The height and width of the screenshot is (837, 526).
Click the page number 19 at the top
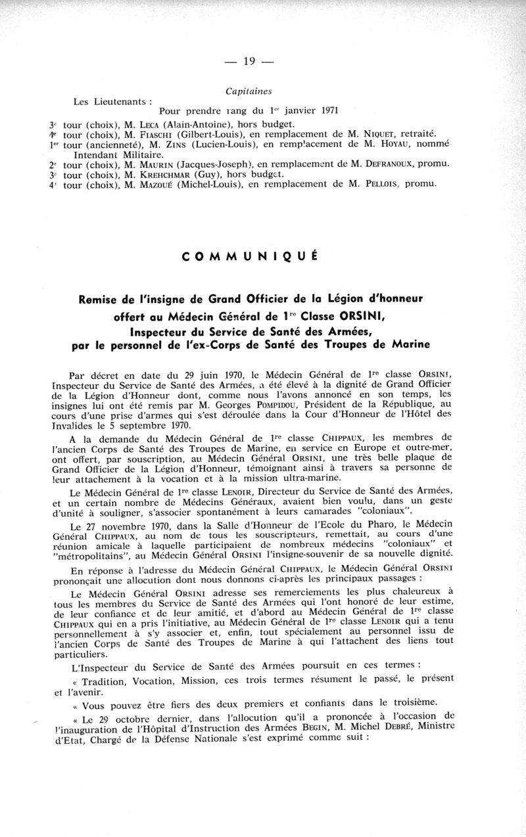[249, 62]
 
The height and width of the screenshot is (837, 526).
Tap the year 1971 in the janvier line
[330, 110]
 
